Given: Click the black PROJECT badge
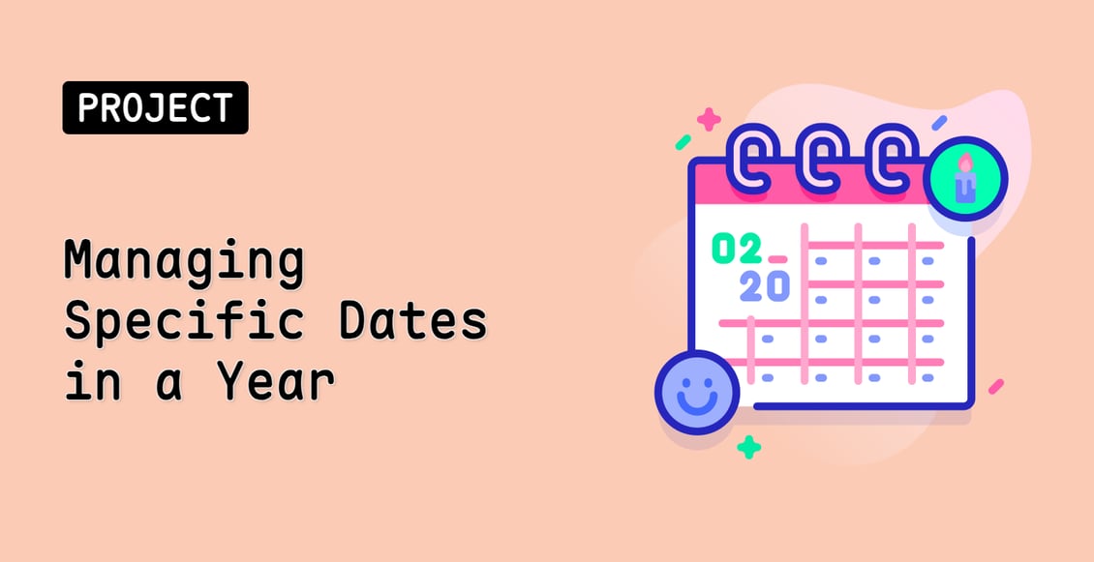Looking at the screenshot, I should point(155,107).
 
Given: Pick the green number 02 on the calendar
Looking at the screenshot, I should point(737,250).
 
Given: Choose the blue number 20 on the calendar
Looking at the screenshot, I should point(764,285).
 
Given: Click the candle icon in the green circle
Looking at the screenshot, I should point(964,181).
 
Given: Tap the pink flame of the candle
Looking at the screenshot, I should point(964,163).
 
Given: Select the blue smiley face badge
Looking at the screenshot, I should point(697,392).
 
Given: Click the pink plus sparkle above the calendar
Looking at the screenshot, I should point(709,119).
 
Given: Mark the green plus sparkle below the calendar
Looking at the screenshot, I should point(748,447).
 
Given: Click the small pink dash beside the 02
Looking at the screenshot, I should point(776,259).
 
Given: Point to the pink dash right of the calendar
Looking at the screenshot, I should point(995,386).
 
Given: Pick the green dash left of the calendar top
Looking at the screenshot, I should point(683,142).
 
